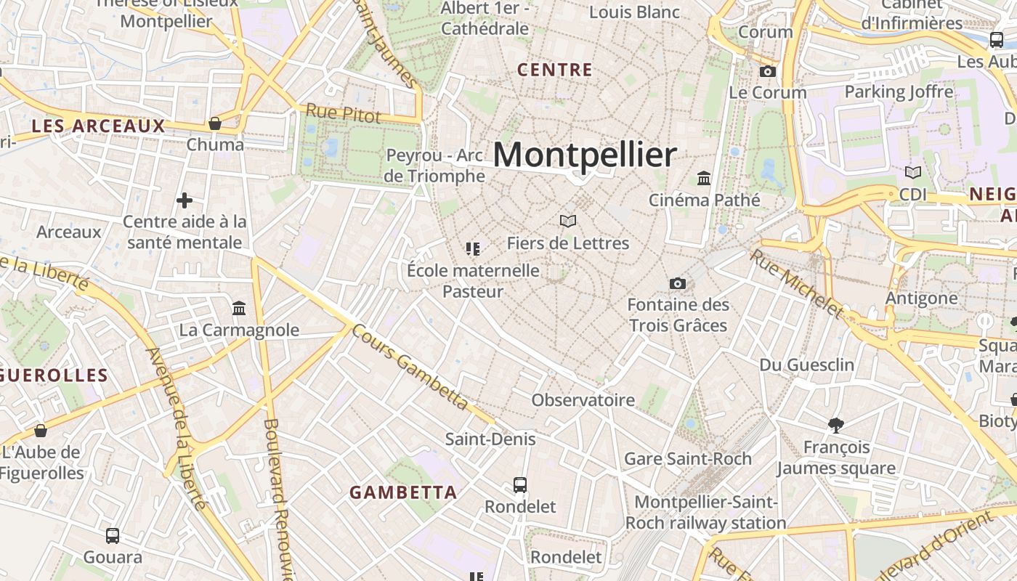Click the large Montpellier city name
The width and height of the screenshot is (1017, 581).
coord(585,155)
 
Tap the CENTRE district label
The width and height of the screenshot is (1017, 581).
coord(555,70)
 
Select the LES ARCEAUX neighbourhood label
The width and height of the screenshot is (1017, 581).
coord(99,126)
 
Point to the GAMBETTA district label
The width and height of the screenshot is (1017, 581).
coord(403,492)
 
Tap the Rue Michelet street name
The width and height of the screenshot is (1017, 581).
coord(797,283)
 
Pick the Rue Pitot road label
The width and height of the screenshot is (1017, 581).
coord(343,113)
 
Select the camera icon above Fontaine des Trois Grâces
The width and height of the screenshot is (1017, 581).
coord(678,283)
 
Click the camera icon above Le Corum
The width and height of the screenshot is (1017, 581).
coord(767,71)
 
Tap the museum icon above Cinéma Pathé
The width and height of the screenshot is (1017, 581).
coord(703,178)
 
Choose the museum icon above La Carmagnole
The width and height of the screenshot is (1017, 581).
coord(239,309)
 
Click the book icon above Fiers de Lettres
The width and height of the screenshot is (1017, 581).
coord(568,221)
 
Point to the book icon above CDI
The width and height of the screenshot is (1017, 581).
coord(912,173)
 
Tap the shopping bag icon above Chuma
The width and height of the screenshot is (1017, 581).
coord(215,123)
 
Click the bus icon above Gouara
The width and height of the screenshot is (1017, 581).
coord(113,536)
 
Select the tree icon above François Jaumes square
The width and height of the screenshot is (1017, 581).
coord(836,425)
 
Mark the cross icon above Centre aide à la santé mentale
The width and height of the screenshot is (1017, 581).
coord(185,200)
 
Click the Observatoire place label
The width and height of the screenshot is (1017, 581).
coord(583,400)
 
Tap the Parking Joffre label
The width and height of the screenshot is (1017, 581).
coord(899,92)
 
